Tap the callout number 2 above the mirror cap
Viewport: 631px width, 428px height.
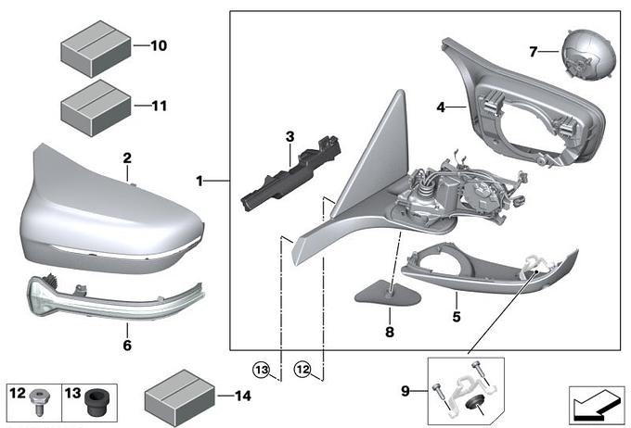[127, 158]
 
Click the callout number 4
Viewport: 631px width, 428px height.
[442, 107]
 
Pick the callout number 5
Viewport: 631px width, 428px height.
[456, 300]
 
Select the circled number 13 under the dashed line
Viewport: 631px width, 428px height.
[264, 371]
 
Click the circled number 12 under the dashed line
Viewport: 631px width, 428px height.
[303, 371]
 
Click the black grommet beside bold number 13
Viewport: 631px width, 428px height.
[94, 404]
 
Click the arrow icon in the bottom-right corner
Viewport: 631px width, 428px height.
[596, 403]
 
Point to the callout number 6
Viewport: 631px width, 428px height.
[127, 346]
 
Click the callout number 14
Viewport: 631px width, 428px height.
[242, 396]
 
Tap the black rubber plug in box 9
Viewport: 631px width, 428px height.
[474, 401]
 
